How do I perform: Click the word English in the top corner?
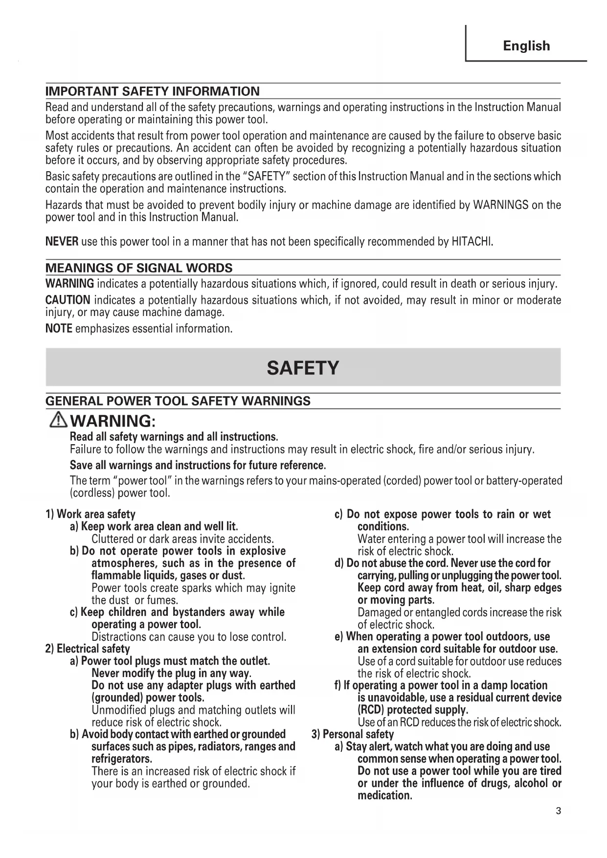[x=526, y=46]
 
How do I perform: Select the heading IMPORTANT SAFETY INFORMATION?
[x=153, y=91]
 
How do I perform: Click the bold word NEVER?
[x=62, y=241]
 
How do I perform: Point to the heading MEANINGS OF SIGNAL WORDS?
[x=139, y=268]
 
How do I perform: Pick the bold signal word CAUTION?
[x=67, y=300]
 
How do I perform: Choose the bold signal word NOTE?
[x=59, y=328]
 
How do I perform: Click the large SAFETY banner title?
[x=303, y=368]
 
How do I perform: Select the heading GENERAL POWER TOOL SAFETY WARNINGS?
[x=178, y=401]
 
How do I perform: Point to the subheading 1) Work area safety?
[x=90, y=514]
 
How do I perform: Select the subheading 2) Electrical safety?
[x=88, y=649]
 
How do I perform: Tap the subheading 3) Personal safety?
[x=353, y=734]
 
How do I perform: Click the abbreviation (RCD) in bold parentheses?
[x=370, y=710]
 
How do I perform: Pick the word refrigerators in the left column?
[x=122, y=759]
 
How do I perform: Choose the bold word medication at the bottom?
[x=385, y=795]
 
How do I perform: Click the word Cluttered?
[x=112, y=539]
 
